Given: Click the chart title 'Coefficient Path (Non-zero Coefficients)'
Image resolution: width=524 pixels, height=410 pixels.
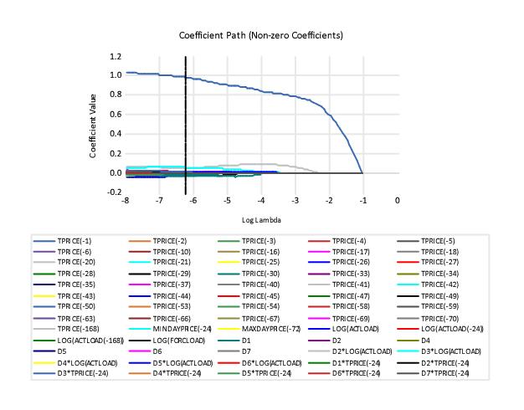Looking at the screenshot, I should pos(261,36).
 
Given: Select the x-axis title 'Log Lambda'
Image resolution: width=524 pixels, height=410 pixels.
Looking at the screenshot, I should pos(261,220).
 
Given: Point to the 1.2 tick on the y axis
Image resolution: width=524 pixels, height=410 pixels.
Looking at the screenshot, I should pos(116,56).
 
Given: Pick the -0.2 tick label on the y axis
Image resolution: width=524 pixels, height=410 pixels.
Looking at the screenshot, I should pos(114,192).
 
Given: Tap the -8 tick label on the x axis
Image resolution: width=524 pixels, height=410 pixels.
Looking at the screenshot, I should pos(126,201).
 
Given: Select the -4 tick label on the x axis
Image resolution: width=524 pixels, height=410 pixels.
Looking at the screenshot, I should pos(261,201).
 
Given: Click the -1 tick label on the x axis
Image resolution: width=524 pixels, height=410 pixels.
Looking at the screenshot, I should pos(362,201).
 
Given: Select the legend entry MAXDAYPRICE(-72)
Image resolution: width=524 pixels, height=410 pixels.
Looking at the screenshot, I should pos(268,329).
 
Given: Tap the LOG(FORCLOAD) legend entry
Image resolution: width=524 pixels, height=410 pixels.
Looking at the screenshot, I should pos(178,341).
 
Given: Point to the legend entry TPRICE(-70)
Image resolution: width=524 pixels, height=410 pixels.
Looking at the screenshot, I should pos(439,318).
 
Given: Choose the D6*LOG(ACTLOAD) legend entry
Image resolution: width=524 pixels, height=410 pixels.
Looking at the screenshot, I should pos(271,362).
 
